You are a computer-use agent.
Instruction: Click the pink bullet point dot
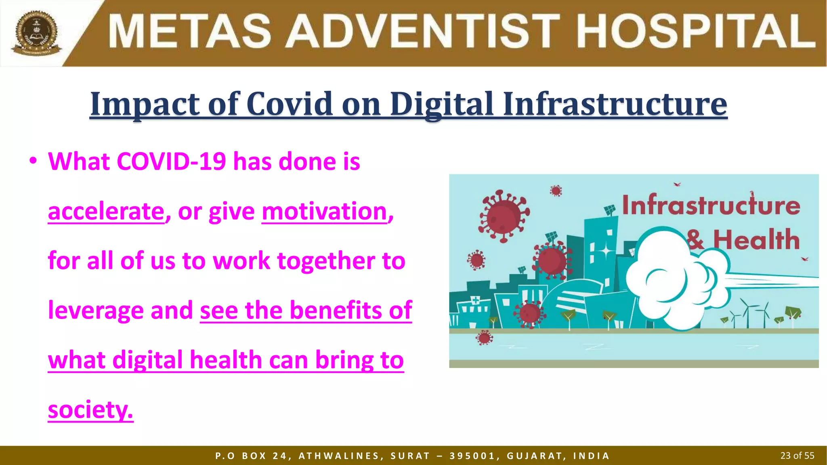point(33,161)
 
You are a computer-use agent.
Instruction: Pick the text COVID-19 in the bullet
point(171,161)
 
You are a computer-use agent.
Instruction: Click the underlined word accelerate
point(106,211)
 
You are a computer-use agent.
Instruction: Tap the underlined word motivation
point(325,211)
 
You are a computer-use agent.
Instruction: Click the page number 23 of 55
point(797,456)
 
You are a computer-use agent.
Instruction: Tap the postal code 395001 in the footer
point(472,456)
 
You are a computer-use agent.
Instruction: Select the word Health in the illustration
point(756,240)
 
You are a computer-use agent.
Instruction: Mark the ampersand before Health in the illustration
point(695,240)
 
